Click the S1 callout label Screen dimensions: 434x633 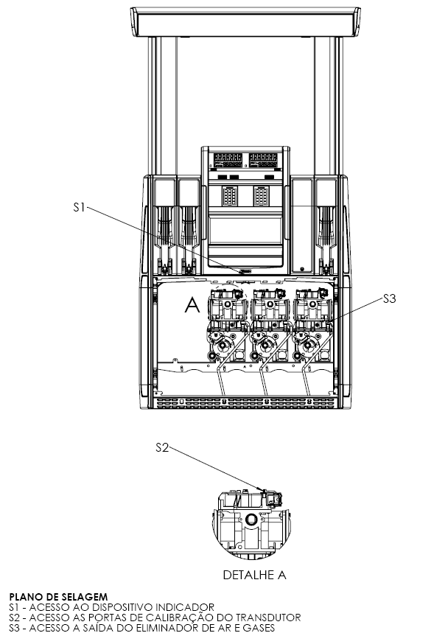click(79, 208)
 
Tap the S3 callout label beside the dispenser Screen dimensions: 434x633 click(390, 298)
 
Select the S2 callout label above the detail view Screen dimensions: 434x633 click(162, 448)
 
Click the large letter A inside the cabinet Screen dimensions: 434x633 click(192, 304)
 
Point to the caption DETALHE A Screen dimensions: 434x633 click(254, 575)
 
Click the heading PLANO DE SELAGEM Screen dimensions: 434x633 click(58, 597)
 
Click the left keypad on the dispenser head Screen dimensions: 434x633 click(229, 196)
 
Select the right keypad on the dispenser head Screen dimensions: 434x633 click(261, 196)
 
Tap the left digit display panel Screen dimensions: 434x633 click(228, 160)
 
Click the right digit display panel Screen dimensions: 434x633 click(263, 160)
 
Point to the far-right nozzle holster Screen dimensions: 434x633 click(326, 227)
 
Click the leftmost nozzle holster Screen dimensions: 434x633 click(165, 227)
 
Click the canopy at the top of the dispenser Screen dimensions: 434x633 click(245, 22)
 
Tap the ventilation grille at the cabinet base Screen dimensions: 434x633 click(245, 402)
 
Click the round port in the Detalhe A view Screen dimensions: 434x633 click(251, 518)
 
